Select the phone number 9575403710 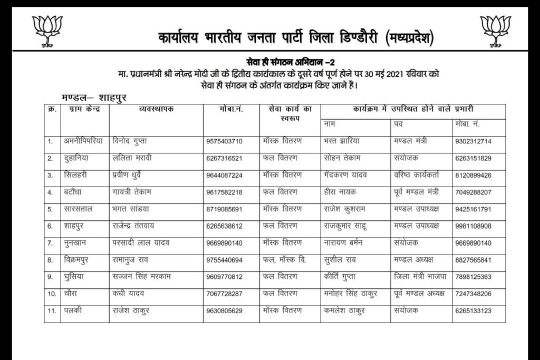[x=224, y=142]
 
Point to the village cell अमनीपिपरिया [x=83, y=141]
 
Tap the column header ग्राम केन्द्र [x=85, y=109]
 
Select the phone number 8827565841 [x=472, y=260]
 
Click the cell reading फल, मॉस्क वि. [x=284, y=259]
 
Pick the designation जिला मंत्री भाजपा [x=420, y=276]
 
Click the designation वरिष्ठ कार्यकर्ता [x=420, y=175]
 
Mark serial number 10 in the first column [x=52, y=294]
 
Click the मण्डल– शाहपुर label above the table [x=94, y=98]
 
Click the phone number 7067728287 [x=224, y=294]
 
